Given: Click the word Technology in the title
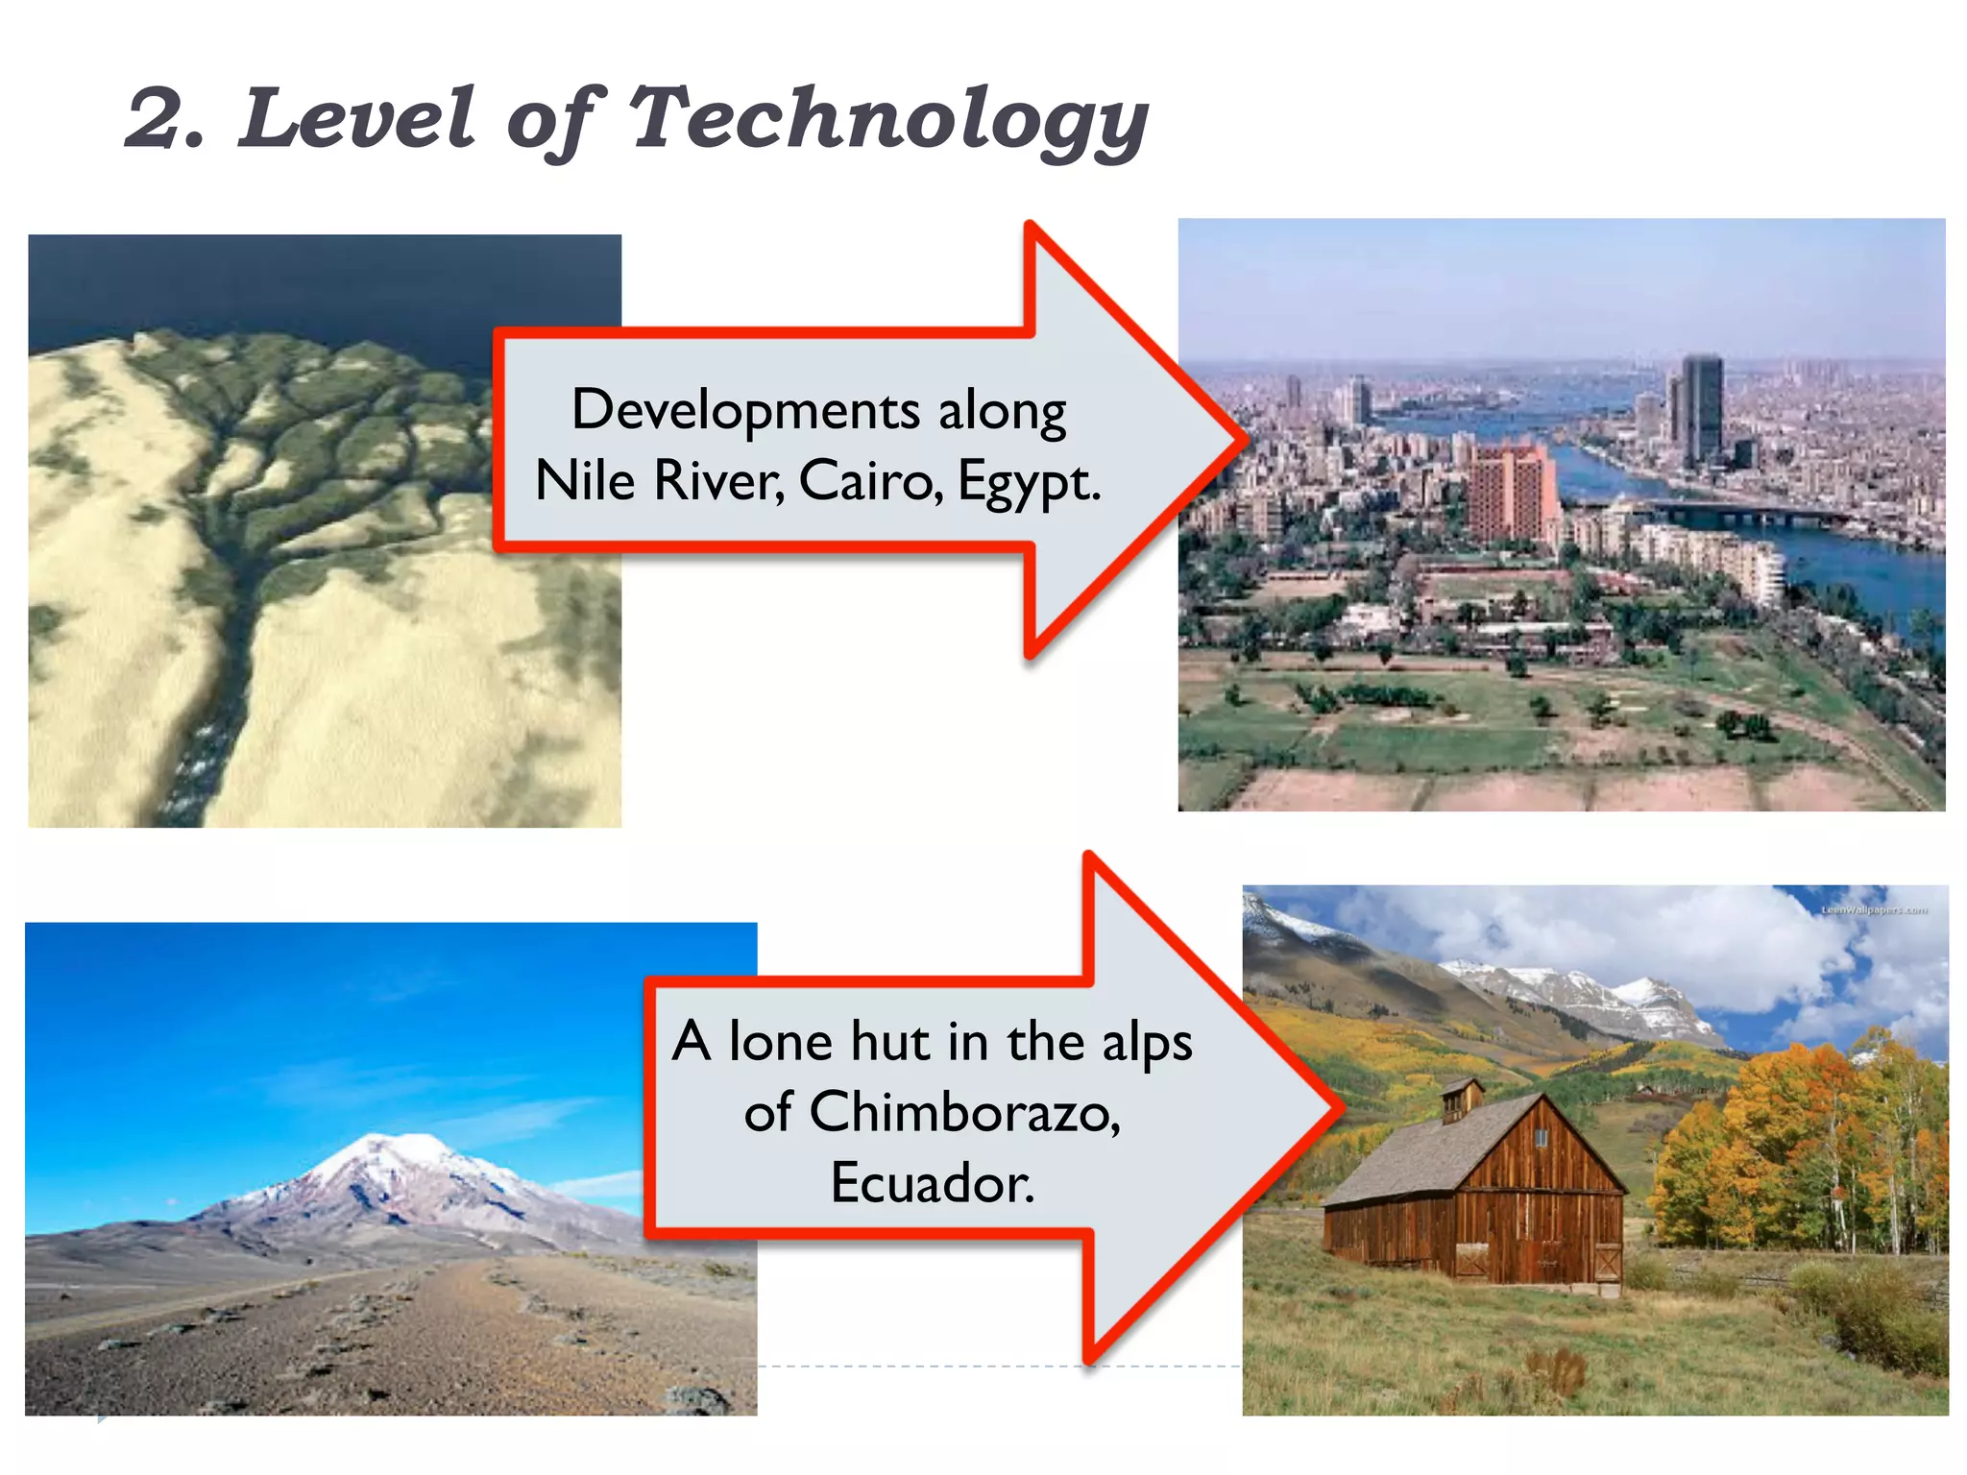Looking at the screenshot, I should tap(888, 120).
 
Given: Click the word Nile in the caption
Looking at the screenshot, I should tap(584, 480).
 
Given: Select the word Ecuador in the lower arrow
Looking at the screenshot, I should tap(932, 1182).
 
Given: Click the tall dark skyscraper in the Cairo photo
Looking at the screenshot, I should tap(1702, 408).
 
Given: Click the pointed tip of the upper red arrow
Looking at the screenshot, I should tap(1243, 442).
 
